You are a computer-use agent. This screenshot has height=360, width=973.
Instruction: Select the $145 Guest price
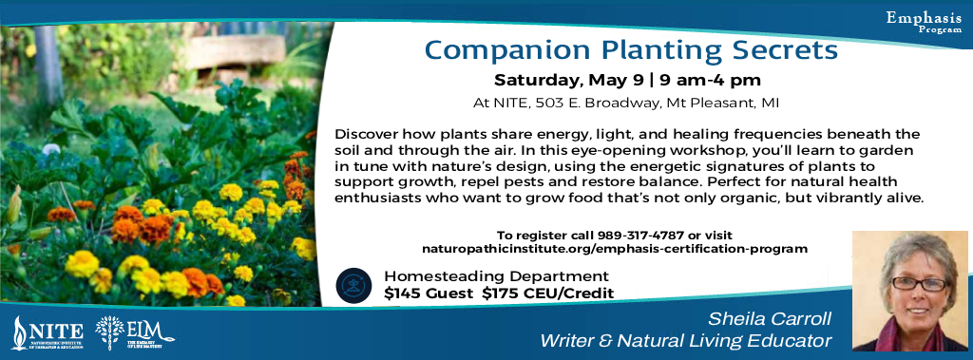tap(428, 294)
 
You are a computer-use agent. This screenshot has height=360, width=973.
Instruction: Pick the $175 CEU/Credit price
tap(547, 294)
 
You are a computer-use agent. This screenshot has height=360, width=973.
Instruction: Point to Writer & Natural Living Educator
tap(686, 340)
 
